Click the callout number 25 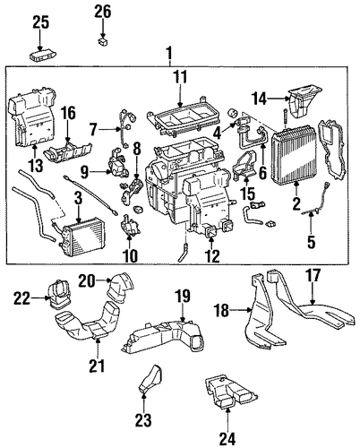41,22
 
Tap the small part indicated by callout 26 103,42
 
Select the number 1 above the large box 169,53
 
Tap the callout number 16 68,113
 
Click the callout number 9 84,172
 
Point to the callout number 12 212,256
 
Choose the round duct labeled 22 60,294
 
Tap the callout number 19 183,296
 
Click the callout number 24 227,438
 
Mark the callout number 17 313,276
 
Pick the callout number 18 221,311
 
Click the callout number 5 311,242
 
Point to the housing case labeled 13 33,117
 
